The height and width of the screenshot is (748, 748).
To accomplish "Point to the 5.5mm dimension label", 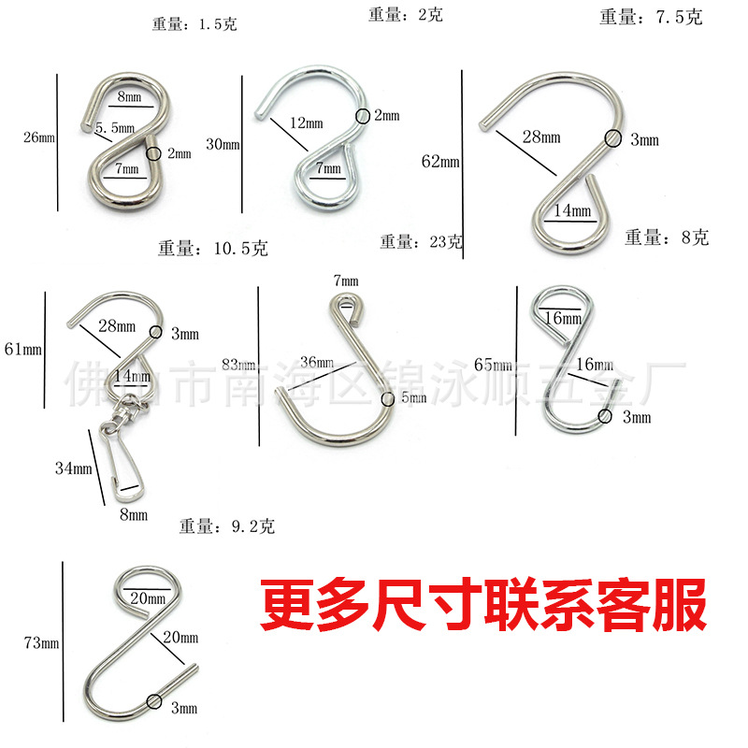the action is point(115,126).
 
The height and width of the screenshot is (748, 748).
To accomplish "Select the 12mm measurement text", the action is point(306,123).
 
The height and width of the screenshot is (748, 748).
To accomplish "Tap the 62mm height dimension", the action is point(441,161).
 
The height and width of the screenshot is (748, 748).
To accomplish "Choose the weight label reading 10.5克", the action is point(213,249).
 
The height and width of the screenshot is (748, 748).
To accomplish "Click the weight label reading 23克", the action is point(421,242).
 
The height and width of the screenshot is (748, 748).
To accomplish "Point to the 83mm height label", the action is point(238,364).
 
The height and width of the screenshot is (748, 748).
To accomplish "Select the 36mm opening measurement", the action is point(319,362).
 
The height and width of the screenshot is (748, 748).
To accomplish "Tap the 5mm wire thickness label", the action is point(412,398).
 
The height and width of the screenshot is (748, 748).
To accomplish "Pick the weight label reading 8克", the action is point(667,237).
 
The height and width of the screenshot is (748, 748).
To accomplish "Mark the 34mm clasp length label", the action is point(74,467).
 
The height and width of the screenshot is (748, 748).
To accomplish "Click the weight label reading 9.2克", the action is point(227,527).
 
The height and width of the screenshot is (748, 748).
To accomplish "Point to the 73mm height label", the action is point(41,643).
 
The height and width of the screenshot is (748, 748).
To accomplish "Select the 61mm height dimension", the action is point(23,350).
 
